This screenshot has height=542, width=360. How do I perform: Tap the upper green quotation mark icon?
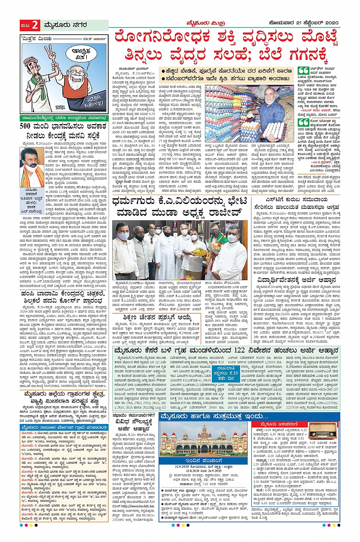(x=303, y=71)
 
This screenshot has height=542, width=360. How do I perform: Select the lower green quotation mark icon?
(x=303, y=123)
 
